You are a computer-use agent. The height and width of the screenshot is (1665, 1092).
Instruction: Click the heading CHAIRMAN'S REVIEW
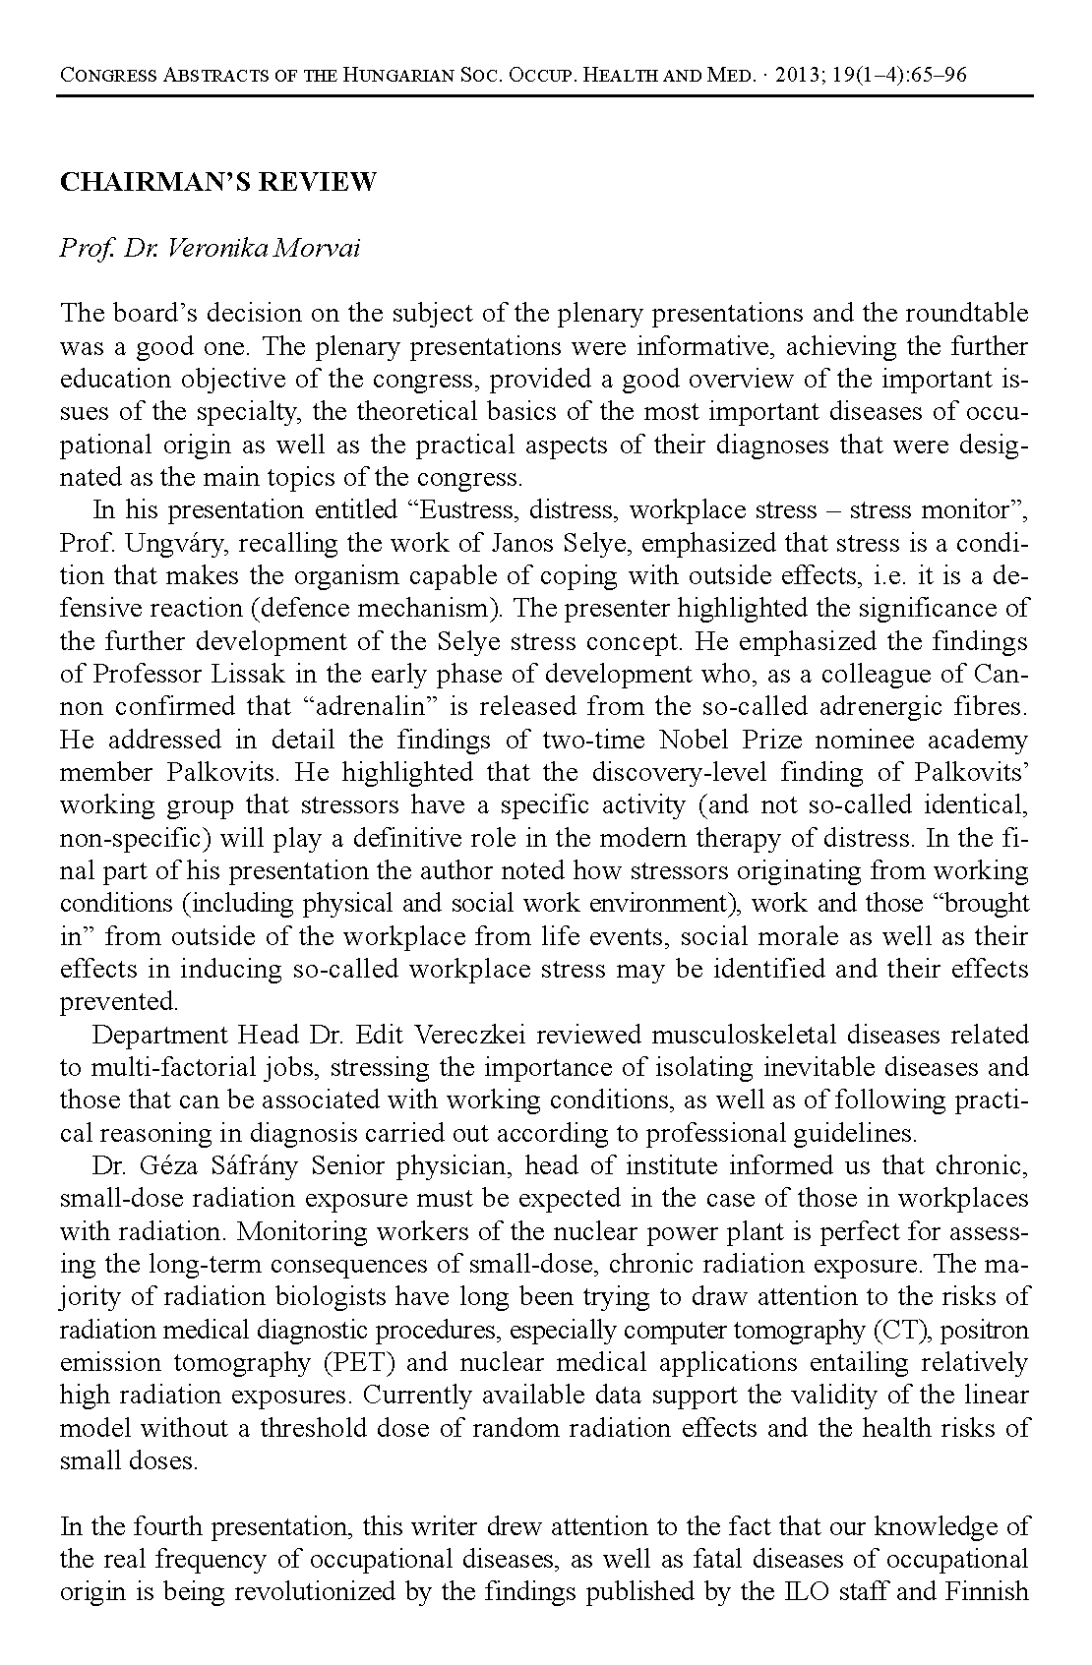pyautogui.click(x=218, y=183)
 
